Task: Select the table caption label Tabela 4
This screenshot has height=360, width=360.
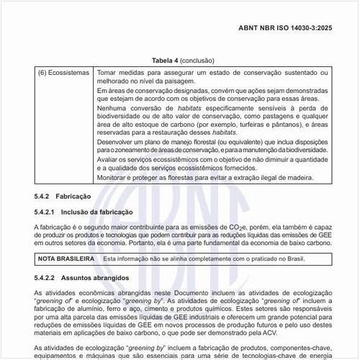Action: [165, 60]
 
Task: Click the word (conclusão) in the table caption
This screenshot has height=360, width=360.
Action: [197, 60]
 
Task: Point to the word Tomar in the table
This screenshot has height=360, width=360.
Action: [108, 73]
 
